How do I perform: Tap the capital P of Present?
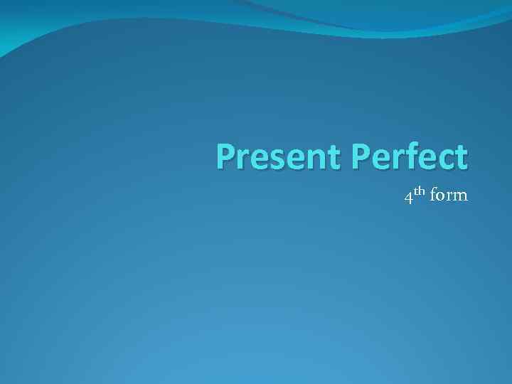click(226, 157)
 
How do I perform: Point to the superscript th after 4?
click(419, 191)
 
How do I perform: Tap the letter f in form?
click(433, 195)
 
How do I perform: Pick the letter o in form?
click(441, 197)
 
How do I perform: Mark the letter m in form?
click(459, 197)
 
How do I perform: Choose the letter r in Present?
click(242, 159)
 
